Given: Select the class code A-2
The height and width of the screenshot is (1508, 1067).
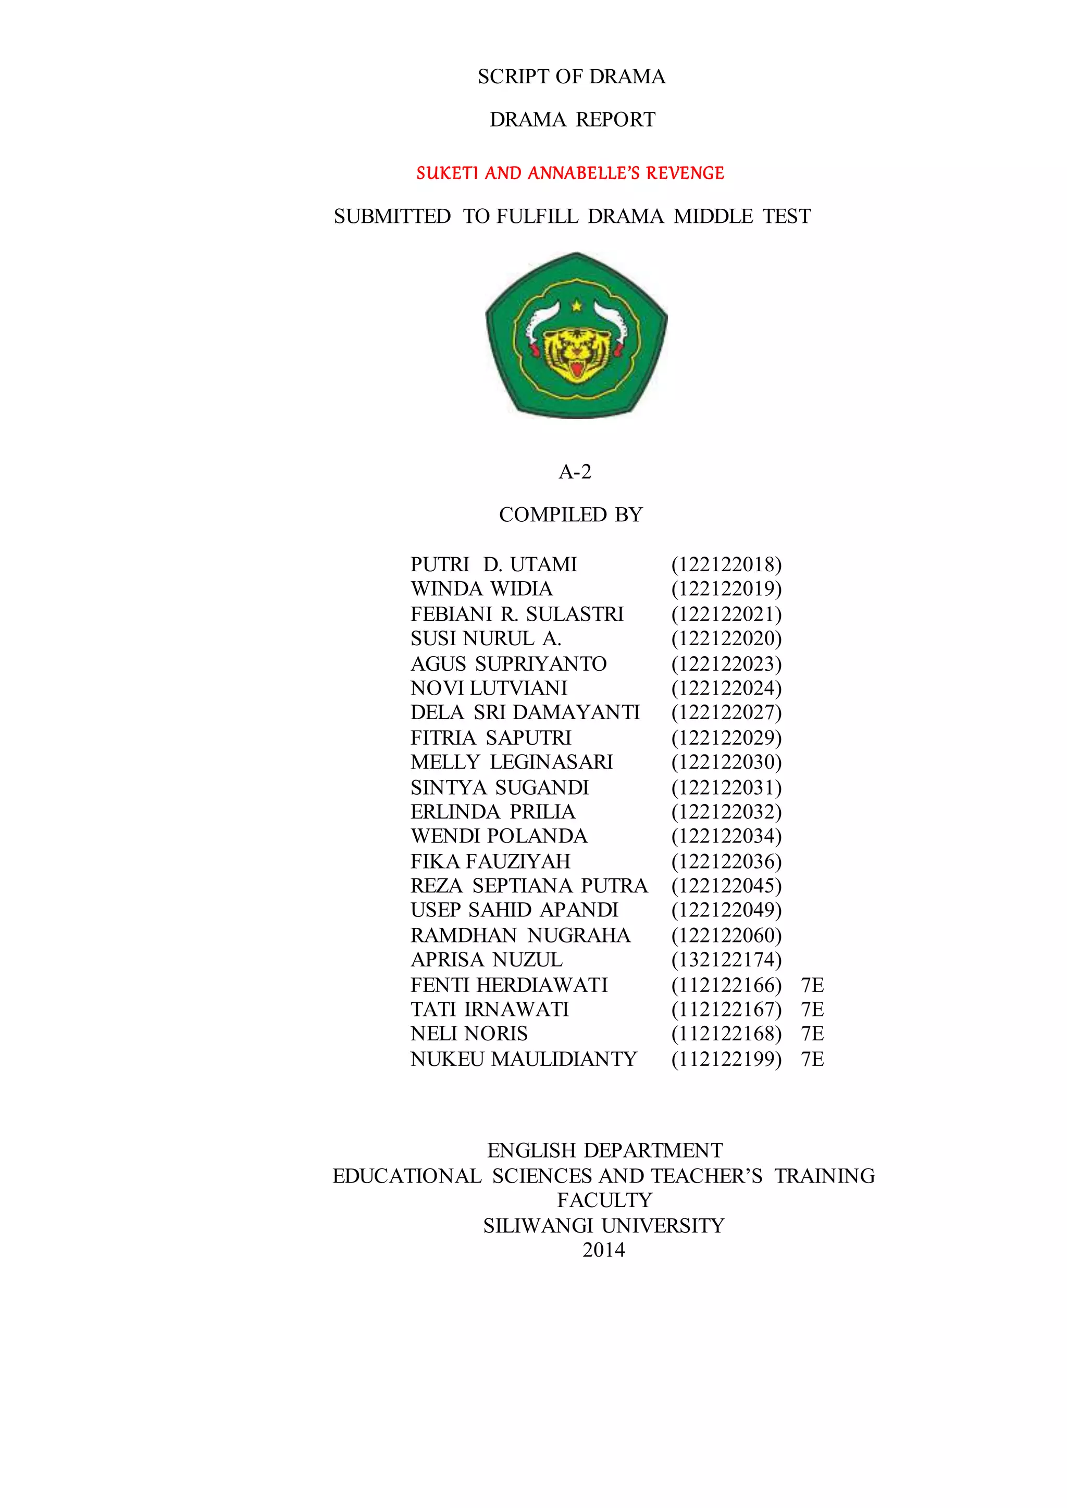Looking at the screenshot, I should (575, 472).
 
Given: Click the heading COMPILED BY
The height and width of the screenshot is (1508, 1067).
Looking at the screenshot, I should (570, 514).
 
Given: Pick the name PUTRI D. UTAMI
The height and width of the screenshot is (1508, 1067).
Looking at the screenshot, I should (493, 564).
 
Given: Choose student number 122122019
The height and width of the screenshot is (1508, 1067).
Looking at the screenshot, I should (726, 588).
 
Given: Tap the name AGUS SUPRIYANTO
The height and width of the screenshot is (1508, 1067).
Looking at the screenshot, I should (508, 663).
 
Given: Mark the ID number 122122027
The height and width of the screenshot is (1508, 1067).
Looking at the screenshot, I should (726, 713).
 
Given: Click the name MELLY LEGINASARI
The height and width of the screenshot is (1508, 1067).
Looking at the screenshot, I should (511, 762).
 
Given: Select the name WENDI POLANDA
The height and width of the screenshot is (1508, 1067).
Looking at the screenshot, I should (499, 836).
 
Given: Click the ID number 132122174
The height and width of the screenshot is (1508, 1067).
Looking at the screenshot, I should (726, 960).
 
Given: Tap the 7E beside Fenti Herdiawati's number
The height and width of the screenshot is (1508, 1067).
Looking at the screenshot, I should (812, 985).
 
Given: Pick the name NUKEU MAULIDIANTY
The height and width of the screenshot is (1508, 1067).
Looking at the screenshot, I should (524, 1059).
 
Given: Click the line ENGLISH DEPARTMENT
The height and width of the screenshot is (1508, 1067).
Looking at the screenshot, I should (604, 1150).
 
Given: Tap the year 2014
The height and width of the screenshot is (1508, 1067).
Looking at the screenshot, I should (603, 1250).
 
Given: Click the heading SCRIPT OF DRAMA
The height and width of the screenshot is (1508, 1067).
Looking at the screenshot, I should (572, 77).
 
